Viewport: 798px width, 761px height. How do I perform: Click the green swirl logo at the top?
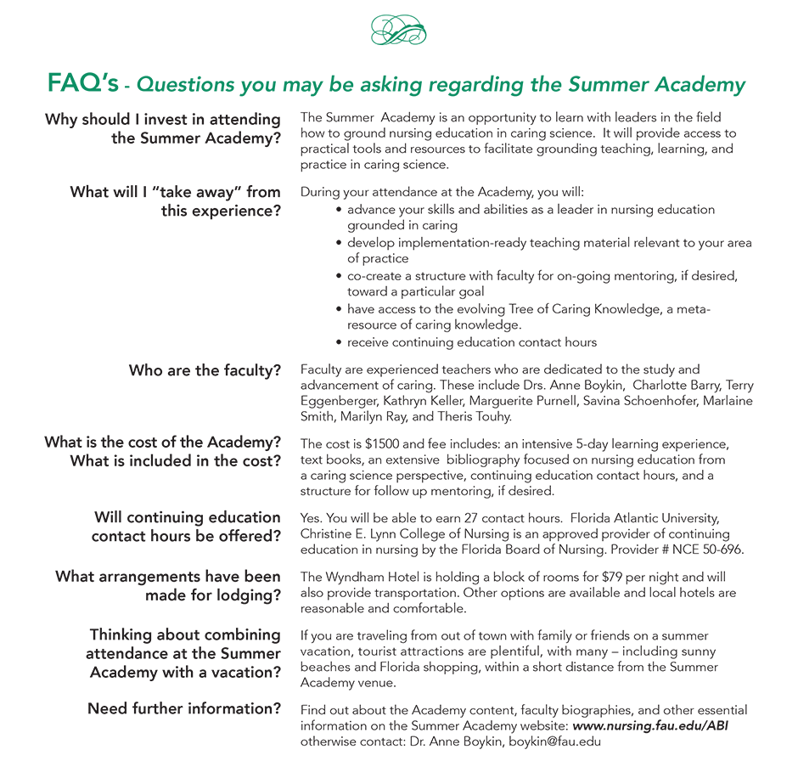[x=399, y=31]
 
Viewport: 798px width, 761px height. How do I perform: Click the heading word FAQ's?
[x=82, y=84]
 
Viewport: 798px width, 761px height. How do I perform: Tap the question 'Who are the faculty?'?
[x=205, y=370]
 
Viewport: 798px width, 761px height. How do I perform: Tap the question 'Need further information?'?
[x=184, y=708]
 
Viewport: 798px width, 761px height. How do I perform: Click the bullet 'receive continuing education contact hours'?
[x=472, y=342]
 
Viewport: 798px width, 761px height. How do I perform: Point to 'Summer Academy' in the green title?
[x=657, y=85]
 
